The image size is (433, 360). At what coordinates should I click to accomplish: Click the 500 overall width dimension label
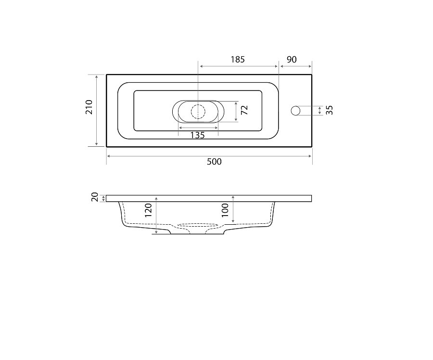[x=214, y=162]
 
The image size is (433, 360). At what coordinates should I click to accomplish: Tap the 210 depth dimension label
[x=89, y=107]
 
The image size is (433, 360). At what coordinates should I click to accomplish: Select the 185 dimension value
[x=238, y=59]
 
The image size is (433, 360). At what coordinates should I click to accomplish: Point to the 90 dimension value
[x=292, y=59]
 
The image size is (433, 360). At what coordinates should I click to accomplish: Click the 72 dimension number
[x=244, y=110]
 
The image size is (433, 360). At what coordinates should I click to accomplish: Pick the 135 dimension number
[x=197, y=135]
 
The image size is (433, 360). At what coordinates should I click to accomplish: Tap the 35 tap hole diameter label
[x=330, y=110]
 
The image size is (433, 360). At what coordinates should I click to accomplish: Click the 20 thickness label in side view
[x=95, y=197]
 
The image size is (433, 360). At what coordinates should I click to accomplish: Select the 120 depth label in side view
[x=148, y=210]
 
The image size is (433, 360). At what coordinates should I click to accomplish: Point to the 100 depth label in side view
[x=225, y=210]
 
